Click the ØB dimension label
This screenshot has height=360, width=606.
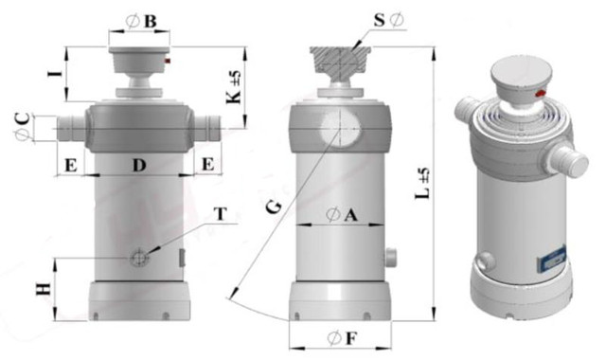(141, 21)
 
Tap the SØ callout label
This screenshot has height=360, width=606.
(389, 20)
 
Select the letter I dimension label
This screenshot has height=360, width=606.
(55, 73)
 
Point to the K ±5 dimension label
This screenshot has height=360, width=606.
(233, 86)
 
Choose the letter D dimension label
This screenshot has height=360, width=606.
(139, 166)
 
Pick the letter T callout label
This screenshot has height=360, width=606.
(221, 213)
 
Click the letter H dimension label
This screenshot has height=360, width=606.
(44, 289)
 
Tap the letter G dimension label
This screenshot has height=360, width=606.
(274, 208)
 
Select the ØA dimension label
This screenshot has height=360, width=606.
(342, 215)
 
